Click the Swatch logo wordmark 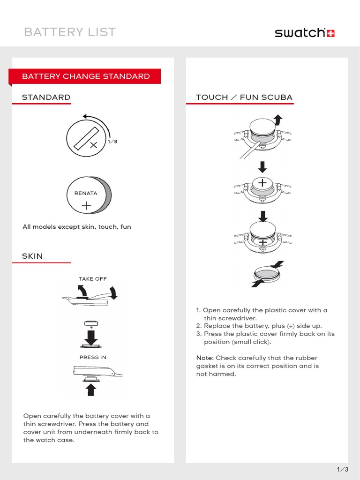tap(300, 33)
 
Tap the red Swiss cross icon tap(330, 33)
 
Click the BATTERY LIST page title tap(70, 32)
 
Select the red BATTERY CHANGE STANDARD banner tap(86, 76)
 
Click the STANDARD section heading tap(46, 97)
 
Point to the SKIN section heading tap(32, 256)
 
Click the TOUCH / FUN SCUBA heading tap(244, 97)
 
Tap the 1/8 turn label tap(112, 141)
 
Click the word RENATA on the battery tap(86, 193)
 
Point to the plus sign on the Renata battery tap(86, 205)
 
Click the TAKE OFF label tap(93, 279)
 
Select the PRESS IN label tap(93, 357)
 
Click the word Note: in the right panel tap(205, 358)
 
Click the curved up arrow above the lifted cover tap(278, 120)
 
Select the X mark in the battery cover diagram tap(93, 145)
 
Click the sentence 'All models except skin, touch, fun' tap(77, 227)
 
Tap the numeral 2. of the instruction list tap(199, 326)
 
